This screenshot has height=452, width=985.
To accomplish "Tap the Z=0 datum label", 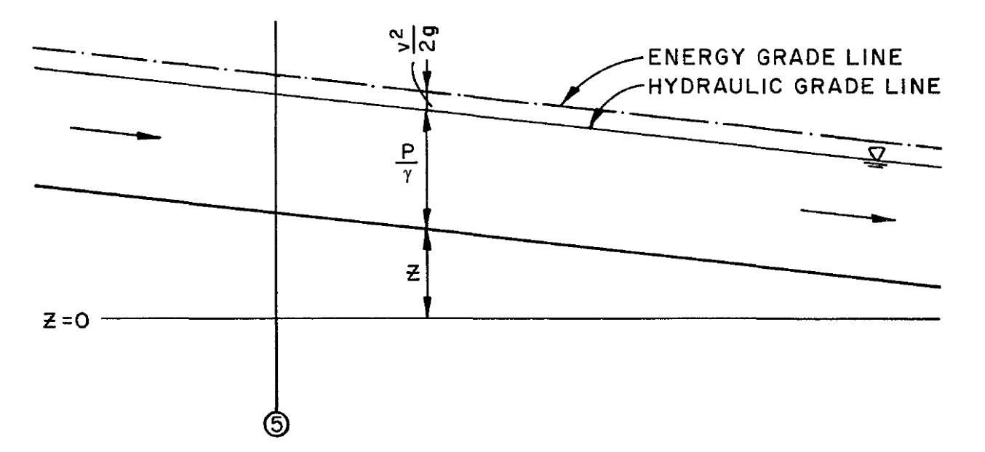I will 65,320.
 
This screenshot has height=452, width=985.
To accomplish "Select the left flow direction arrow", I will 116,135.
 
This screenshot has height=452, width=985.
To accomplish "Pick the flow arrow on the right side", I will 848,216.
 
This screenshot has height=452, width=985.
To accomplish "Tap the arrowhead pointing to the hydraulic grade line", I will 594,126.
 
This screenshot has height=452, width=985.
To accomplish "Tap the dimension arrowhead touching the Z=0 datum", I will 428,312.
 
